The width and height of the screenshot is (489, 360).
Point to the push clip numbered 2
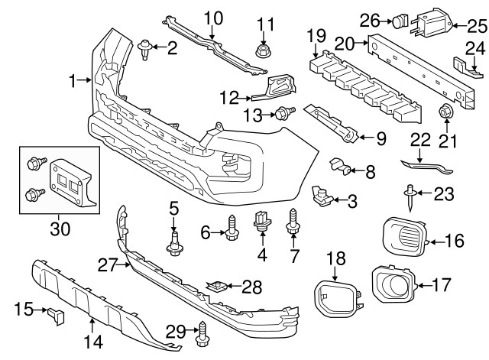point(144,50)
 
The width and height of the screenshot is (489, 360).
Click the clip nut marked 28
point(218,287)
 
